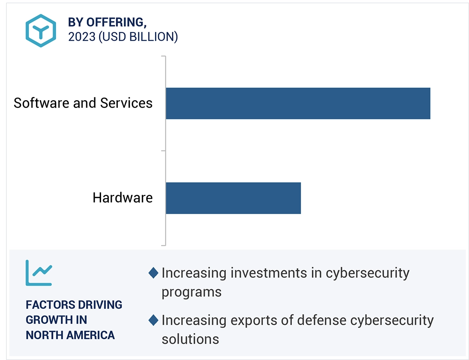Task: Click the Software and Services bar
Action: click(297, 103)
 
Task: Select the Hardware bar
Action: click(233, 198)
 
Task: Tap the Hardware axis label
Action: click(123, 198)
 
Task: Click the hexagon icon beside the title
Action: click(40, 31)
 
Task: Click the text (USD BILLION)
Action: click(138, 37)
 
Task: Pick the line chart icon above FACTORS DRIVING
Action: click(38, 273)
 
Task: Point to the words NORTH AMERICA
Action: click(70, 335)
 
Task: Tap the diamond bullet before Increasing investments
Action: click(153, 273)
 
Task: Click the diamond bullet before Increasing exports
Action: click(153, 320)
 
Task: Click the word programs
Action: click(191, 292)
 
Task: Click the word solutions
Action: click(190, 339)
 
